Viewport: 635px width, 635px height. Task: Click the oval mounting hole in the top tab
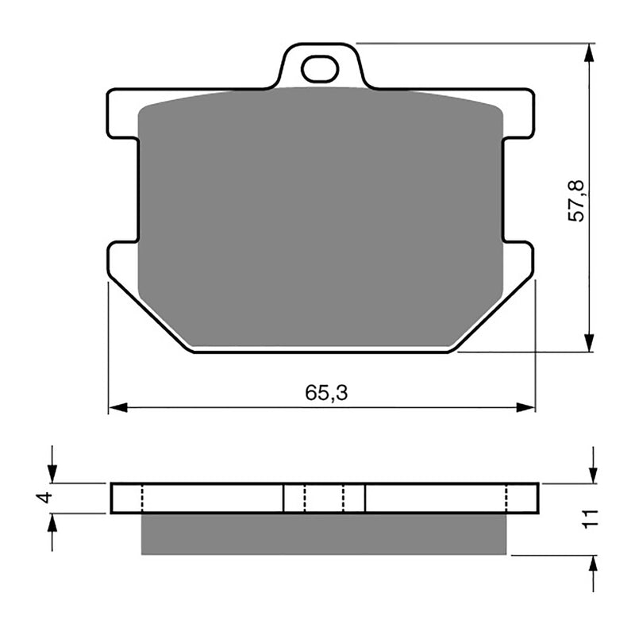point(320,70)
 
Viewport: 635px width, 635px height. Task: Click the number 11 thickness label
point(588,520)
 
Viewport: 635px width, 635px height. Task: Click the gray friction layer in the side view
point(323,533)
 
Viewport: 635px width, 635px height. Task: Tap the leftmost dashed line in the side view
point(141,498)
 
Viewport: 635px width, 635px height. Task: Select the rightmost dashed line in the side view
point(506,498)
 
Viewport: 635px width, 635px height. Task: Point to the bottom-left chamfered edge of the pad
point(151,314)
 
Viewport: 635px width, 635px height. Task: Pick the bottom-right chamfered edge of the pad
point(492,314)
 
